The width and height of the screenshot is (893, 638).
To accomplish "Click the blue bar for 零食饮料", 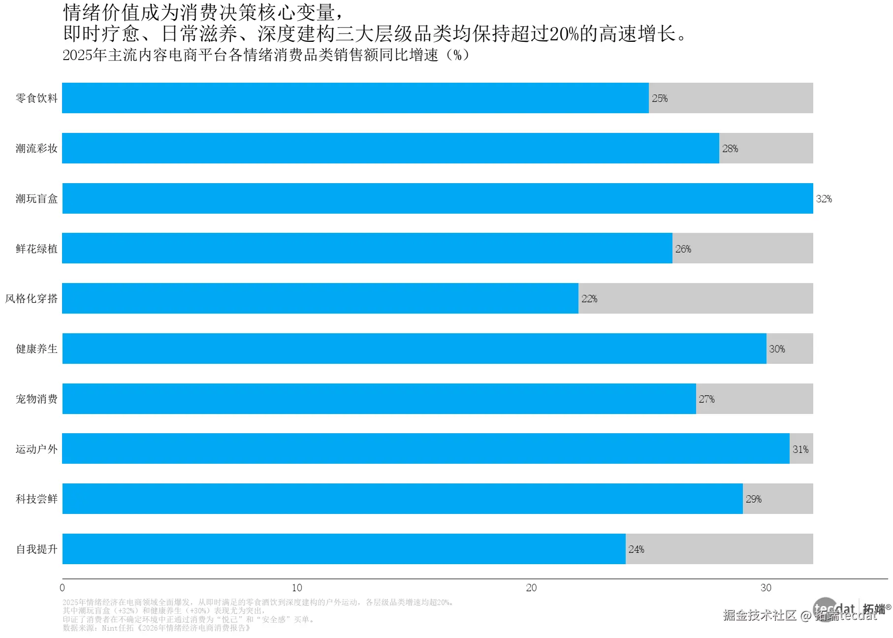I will pos(354,98).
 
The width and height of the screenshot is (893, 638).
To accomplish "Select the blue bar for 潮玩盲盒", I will pos(437,198).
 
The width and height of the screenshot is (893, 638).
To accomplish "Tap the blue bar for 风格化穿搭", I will pos(320,298).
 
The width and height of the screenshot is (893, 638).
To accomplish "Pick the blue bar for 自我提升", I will pos(344,549).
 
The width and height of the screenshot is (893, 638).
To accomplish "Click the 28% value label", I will pos(730,149).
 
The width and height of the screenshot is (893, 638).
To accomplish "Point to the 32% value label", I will pos(824,199).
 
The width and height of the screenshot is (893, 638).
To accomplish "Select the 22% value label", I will pos(589,299).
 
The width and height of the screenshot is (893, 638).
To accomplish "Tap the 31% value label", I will pos(800,449).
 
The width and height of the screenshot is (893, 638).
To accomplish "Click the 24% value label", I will pos(636,549).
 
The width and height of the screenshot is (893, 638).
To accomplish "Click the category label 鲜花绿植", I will pos(36,249).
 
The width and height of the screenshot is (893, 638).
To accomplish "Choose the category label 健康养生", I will pos(36,349).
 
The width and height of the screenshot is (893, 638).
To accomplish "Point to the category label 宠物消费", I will pos(36,399).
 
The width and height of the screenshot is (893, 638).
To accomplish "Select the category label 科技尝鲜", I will pos(36,499).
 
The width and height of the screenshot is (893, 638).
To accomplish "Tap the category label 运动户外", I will pos(36,449).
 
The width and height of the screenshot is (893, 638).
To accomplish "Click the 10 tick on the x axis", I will pos(297,588).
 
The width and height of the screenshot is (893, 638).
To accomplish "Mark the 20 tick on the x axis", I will pos(531,588).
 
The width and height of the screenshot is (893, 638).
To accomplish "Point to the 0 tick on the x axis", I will pos(62,588).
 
